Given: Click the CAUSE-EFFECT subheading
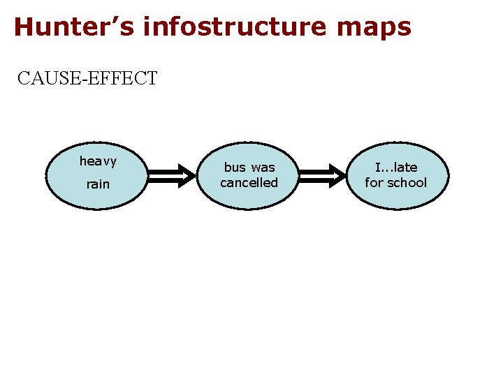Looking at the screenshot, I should pyautogui.click(x=88, y=77).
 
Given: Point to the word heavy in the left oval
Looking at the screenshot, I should pyautogui.click(x=98, y=162).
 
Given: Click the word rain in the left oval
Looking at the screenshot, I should pyautogui.click(x=98, y=185).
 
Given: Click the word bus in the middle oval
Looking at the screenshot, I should pyautogui.click(x=235, y=168).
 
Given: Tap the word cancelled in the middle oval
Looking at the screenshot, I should pyautogui.click(x=249, y=183).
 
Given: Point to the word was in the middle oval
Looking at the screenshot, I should pyautogui.click(x=263, y=168).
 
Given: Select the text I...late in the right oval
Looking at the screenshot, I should pyautogui.click(x=396, y=168).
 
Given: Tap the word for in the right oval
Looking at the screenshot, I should pyautogui.click(x=374, y=183).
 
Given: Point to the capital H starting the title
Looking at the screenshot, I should pyautogui.click(x=23, y=27).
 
